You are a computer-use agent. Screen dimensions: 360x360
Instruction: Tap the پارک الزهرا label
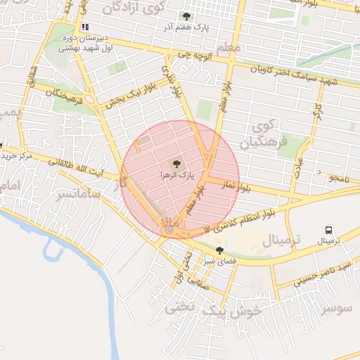coord(176,173)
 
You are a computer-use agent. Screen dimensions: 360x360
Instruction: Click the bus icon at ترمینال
coord(328,230)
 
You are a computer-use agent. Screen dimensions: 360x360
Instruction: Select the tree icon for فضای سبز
coord(220,250)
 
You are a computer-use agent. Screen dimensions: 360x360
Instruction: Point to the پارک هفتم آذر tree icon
coord(186,15)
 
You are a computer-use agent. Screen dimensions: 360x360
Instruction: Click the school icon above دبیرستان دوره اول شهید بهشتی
coord(85,27)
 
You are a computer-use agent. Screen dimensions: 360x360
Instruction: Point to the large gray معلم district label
coord(229,47)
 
